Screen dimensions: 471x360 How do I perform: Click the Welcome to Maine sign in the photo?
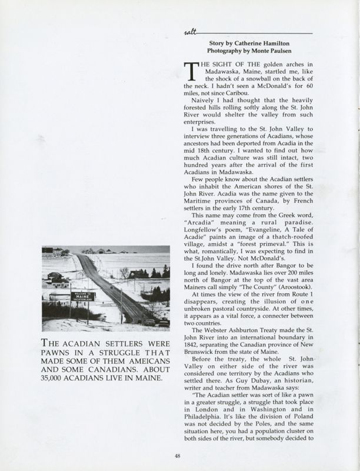coord(83,296)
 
